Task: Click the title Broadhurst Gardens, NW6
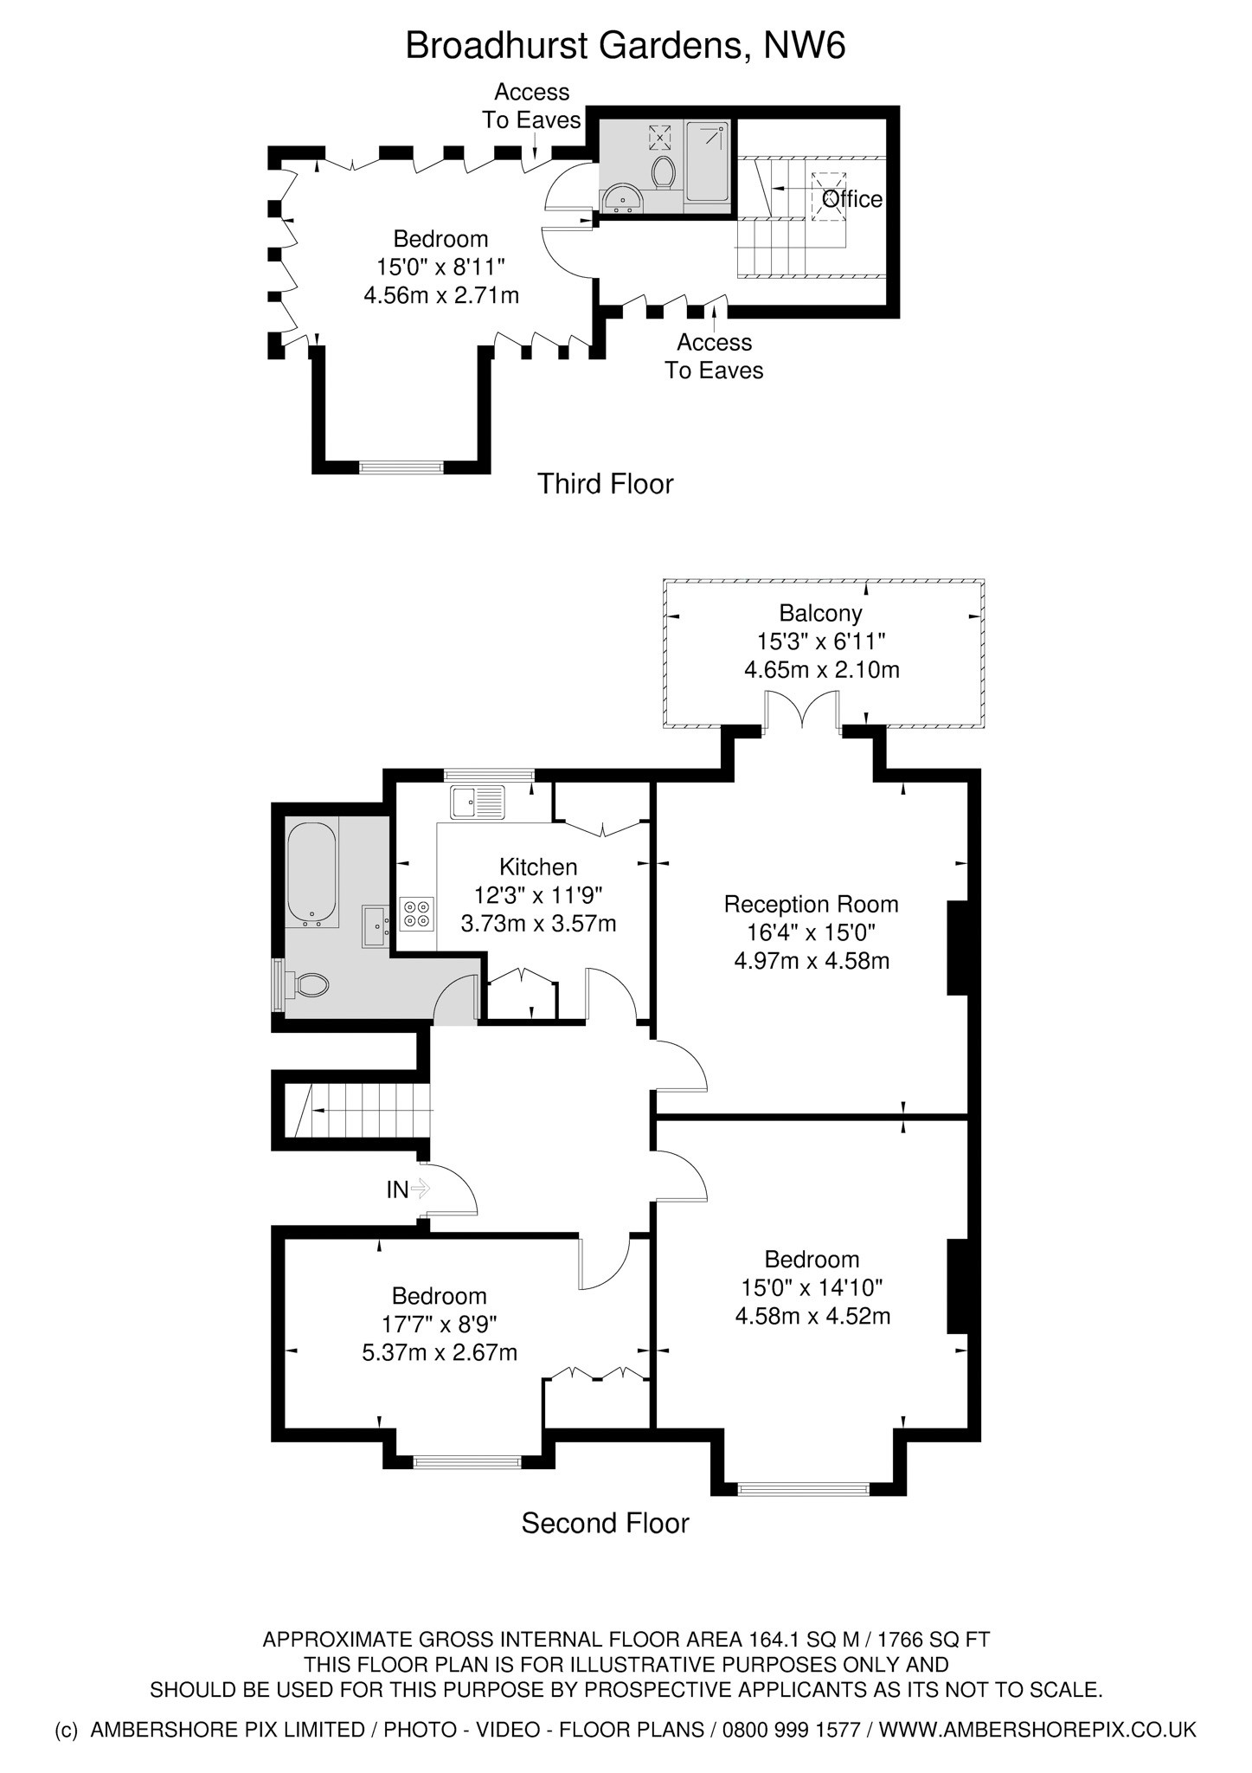tap(625, 46)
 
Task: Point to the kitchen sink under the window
tap(477, 802)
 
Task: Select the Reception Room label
tap(811, 904)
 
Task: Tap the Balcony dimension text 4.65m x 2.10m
tap(821, 670)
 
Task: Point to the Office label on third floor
tap(852, 199)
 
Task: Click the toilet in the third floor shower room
tap(664, 171)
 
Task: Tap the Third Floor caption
tap(605, 483)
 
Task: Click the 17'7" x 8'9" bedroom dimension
tap(440, 1324)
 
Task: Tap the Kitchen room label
tap(538, 867)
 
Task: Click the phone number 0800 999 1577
tap(792, 1730)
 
